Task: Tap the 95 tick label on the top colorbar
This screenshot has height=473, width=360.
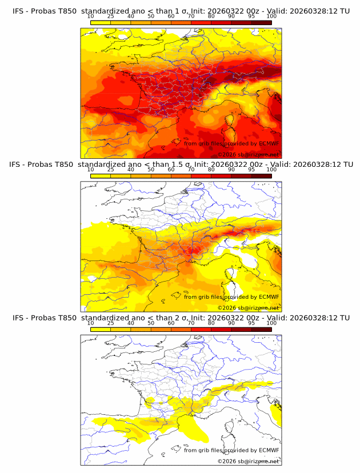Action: (x=251, y=16)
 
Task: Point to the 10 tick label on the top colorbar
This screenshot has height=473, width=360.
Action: (x=90, y=16)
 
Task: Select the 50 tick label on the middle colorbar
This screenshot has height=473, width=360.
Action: (x=151, y=170)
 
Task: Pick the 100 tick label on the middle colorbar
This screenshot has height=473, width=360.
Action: (x=271, y=170)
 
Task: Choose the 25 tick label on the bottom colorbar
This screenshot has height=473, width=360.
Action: (x=110, y=323)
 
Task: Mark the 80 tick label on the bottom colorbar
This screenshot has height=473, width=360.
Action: (x=211, y=323)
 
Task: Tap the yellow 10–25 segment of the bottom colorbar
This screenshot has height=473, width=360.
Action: (x=100, y=329)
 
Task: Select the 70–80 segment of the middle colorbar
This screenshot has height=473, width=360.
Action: (x=201, y=176)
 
